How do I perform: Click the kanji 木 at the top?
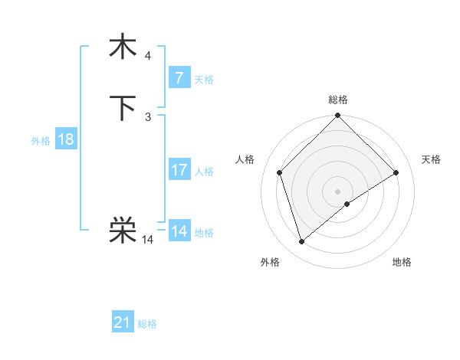pyautogui.click(x=123, y=47)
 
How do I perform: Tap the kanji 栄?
pyautogui.click(x=123, y=230)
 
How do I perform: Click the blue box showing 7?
pyautogui.click(x=179, y=78)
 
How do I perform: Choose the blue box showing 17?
pyautogui.click(x=179, y=170)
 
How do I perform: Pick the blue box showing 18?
pyautogui.click(x=65, y=139)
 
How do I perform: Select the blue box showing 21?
pyautogui.click(x=123, y=322)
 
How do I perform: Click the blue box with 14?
pyautogui.click(x=179, y=231)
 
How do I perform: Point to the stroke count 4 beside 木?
pyautogui.click(x=148, y=56)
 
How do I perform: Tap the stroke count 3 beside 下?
pyautogui.click(x=148, y=116)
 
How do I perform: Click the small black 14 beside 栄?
pyautogui.click(x=148, y=240)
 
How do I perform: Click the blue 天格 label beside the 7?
pyautogui.click(x=204, y=79)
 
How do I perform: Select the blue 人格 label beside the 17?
pyautogui.click(x=204, y=172)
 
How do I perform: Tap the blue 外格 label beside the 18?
pyautogui.click(x=41, y=141)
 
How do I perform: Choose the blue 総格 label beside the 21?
pyautogui.click(x=147, y=324)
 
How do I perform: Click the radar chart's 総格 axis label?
pyautogui.click(x=338, y=100)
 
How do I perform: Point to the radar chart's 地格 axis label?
pyautogui.click(x=402, y=262)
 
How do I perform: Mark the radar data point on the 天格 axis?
pyautogui.click(x=396, y=172)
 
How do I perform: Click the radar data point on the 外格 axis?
pyautogui.click(x=301, y=242)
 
